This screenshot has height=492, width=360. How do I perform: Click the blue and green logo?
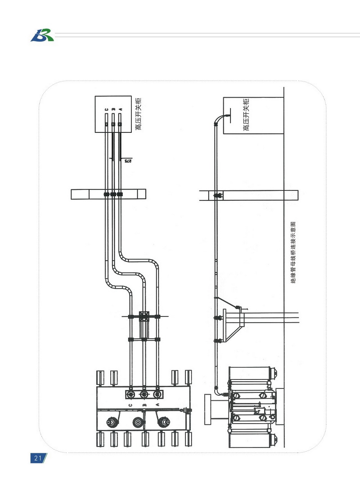(42, 35)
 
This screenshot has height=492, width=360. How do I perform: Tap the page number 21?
(38, 458)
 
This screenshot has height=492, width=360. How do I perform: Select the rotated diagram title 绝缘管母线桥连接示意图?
(293, 253)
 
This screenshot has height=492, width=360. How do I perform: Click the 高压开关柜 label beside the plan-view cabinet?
(138, 114)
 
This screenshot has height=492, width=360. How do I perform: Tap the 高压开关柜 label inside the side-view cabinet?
(246, 114)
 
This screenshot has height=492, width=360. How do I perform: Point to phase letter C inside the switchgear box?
(107, 109)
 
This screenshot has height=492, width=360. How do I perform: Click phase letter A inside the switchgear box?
(121, 109)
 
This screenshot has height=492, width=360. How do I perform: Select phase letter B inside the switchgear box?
(113, 109)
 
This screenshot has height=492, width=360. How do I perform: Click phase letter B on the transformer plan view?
(144, 405)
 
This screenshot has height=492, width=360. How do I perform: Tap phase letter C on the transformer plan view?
(131, 405)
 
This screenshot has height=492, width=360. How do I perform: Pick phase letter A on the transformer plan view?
(157, 405)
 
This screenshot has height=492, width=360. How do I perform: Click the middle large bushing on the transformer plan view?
(138, 422)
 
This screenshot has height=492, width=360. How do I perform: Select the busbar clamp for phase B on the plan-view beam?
(113, 194)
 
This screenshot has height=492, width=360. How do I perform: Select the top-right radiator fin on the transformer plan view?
(188, 378)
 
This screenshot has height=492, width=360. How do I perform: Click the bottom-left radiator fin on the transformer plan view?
(100, 439)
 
